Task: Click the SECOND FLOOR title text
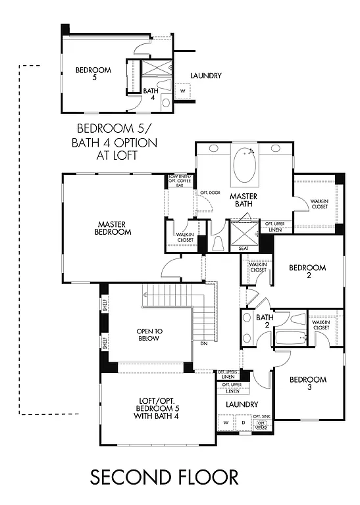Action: tap(164, 475)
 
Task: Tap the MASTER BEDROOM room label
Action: tap(113, 228)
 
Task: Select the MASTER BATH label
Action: tap(242, 201)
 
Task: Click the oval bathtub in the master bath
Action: tap(244, 168)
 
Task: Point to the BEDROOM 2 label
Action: tap(307, 272)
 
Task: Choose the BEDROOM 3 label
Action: tap(307, 383)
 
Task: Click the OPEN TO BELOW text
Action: tap(145, 335)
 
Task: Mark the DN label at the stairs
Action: tap(204, 344)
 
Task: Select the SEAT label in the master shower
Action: tap(243, 249)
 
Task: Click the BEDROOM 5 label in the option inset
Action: tap(93, 74)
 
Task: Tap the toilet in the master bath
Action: tap(218, 243)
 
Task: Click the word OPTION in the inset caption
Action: tap(139, 141)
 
